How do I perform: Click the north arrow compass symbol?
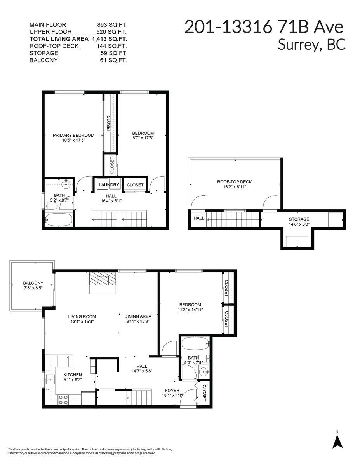337,440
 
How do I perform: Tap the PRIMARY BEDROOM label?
73,135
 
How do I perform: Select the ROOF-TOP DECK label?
234,181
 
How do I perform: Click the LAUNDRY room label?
109,185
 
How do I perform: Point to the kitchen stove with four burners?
63,400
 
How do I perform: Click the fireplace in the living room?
103,279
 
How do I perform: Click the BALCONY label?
33,283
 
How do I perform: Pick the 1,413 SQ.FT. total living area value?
110,39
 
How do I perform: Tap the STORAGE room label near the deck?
299,219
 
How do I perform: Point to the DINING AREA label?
137,316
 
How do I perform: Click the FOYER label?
172,391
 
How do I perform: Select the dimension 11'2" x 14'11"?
190,310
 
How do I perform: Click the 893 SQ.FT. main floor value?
112,25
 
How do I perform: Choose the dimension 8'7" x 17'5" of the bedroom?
143,138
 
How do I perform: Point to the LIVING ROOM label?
82,316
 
